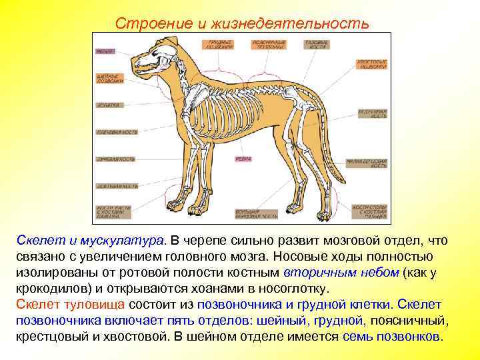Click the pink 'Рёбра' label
tap(243, 159)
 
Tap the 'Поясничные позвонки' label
tap(267, 44)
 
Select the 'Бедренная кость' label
tap(372, 113)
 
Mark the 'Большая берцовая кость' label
tap(257, 213)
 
